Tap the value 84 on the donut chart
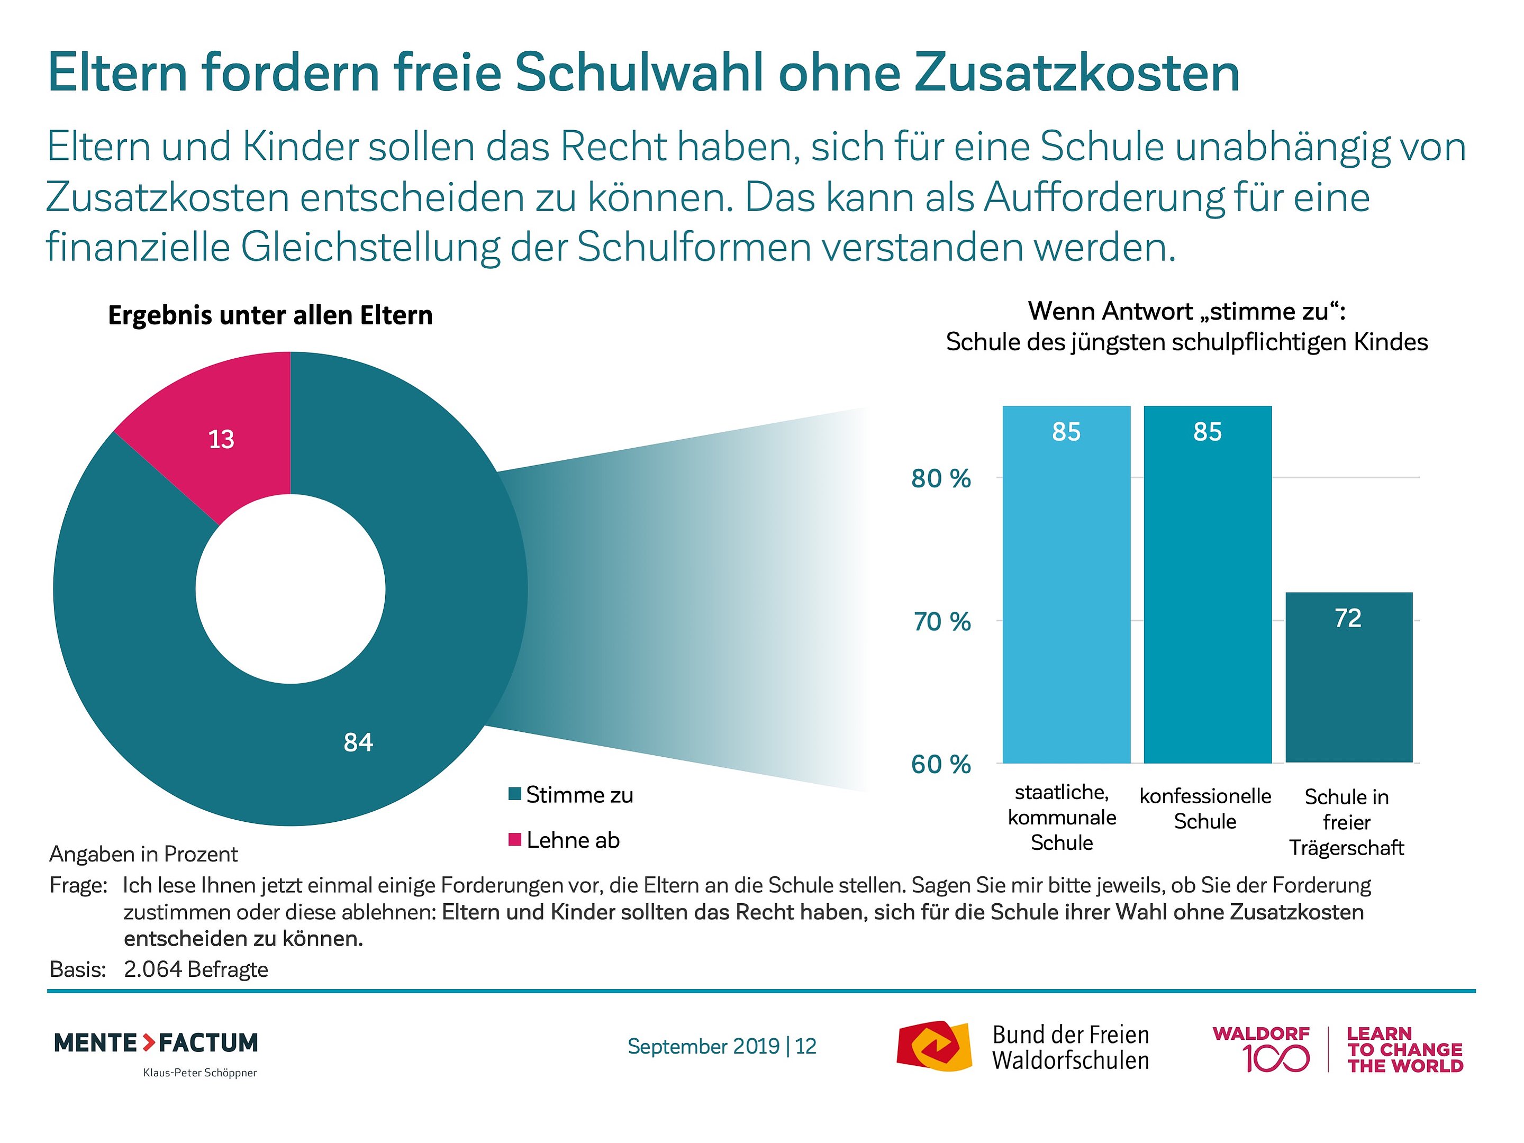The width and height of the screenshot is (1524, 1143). click(358, 742)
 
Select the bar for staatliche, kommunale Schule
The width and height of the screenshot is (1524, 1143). click(1066, 586)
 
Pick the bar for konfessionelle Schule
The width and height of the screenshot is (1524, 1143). click(1207, 586)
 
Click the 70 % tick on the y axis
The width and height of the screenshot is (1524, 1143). click(942, 621)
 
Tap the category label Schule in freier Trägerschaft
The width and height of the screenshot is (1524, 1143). click(1346, 822)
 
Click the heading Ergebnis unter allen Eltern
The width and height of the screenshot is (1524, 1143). click(270, 315)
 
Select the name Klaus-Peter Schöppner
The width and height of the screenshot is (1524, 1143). click(200, 1073)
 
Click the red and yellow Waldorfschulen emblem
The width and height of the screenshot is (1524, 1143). click(933, 1046)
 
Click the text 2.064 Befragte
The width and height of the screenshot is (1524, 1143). click(196, 969)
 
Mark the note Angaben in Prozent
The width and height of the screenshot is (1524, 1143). click(143, 854)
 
